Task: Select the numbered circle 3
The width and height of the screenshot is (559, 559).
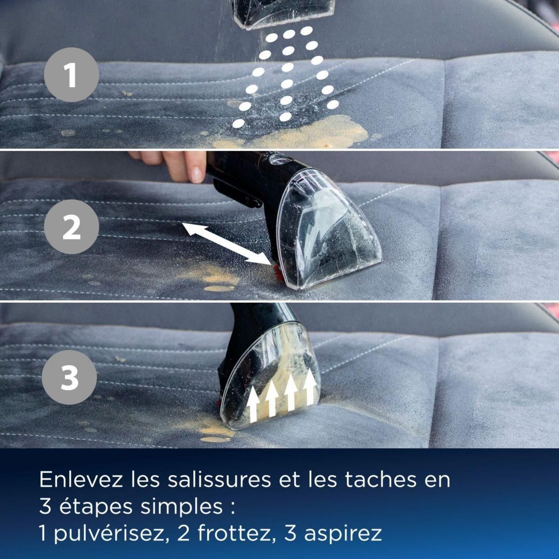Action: point(70,378)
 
